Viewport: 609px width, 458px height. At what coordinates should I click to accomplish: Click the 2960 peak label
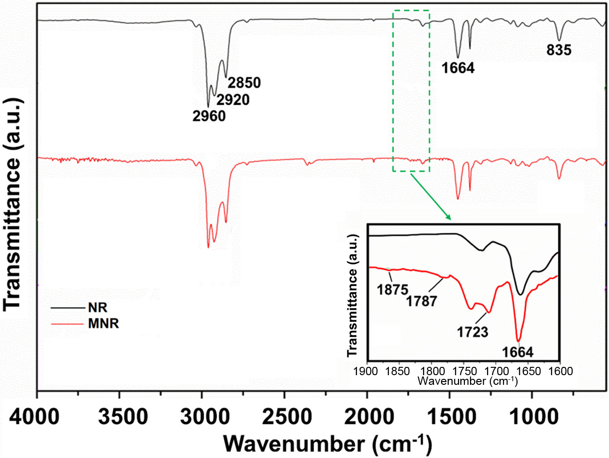click(x=209, y=116)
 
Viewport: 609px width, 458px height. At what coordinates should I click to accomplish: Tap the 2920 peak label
click(x=233, y=100)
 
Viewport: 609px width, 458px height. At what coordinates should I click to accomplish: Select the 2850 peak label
click(x=244, y=83)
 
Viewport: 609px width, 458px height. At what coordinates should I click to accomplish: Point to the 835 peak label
click(x=559, y=50)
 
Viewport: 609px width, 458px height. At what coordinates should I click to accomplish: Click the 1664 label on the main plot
click(x=458, y=68)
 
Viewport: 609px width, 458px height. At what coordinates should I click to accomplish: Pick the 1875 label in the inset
click(x=393, y=290)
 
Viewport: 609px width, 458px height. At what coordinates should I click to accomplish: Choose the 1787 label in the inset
click(x=421, y=301)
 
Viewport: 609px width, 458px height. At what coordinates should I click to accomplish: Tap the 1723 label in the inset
click(x=472, y=332)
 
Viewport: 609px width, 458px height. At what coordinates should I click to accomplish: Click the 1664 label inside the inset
click(x=517, y=352)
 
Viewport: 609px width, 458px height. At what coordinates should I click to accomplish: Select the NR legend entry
click(x=98, y=307)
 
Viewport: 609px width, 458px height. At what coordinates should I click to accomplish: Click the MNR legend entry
click(x=104, y=324)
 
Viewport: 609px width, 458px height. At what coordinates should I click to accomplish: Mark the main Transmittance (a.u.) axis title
click(x=13, y=204)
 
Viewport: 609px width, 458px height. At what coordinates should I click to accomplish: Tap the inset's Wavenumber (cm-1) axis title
click(x=467, y=381)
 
